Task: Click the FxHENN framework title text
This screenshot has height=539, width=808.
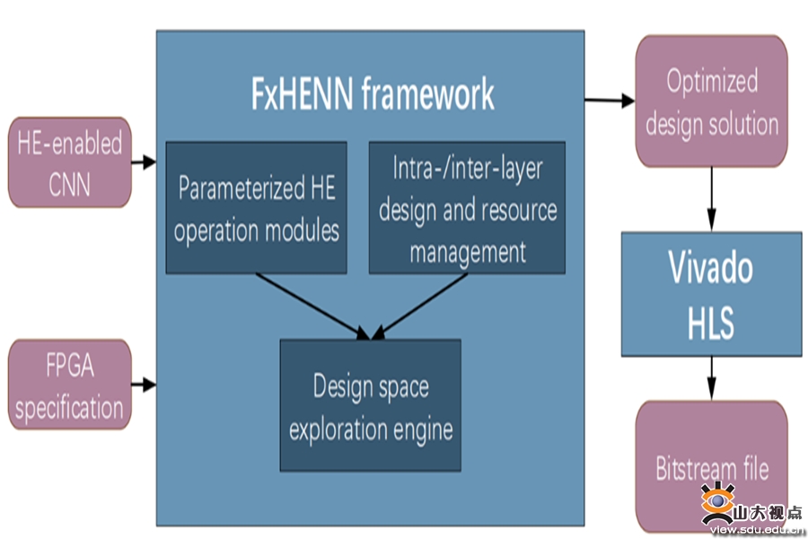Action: (373, 93)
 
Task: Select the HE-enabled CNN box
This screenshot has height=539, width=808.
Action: (69, 162)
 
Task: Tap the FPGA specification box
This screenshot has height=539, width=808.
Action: (69, 384)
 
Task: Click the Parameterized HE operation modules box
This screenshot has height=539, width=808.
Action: (256, 208)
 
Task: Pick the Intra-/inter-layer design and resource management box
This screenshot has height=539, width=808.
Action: (467, 208)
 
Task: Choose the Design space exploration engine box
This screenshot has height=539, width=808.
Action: (371, 405)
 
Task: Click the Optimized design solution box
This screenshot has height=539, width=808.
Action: (712, 102)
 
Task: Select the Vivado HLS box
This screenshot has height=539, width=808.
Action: (712, 294)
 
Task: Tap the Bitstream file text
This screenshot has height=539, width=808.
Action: (712, 468)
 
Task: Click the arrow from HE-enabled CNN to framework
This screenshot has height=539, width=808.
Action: (144, 162)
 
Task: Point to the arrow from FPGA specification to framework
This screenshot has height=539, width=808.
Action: (144, 384)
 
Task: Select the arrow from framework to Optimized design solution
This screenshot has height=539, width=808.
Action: (610, 100)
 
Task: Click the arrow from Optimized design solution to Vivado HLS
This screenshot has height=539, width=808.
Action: (712, 199)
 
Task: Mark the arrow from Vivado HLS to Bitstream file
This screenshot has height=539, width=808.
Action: (712, 378)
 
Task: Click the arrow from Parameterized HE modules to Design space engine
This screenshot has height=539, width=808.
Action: (312, 306)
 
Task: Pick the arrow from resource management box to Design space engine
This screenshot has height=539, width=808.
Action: (419, 306)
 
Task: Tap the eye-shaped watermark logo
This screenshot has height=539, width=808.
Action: (717, 503)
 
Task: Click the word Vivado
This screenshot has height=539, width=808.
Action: (711, 267)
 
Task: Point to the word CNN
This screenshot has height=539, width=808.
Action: (69, 184)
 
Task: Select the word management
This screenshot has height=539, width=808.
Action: (468, 252)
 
